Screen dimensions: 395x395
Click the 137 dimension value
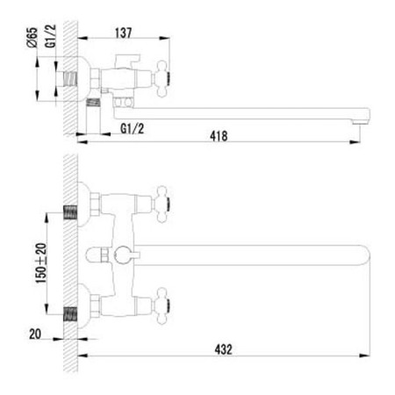(x=124, y=32)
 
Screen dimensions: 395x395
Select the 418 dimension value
(x=219, y=136)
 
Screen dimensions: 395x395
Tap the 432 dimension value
(x=223, y=349)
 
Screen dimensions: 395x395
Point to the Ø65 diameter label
(x=32, y=37)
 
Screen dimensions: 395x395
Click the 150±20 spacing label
(x=41, y=263)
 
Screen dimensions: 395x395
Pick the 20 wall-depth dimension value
(x=35, y=334)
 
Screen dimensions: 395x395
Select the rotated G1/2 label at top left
(x=50, y=36)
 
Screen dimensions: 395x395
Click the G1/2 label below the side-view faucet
(x=133, y=129)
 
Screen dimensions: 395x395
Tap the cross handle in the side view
(x=161, y=78)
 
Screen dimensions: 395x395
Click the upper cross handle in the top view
(x=162, y=204)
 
